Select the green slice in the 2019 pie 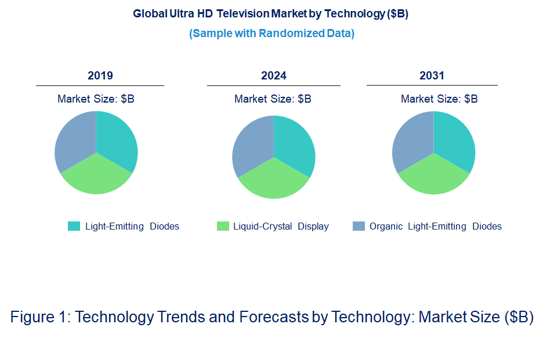coord(96,176)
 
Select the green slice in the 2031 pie coord(433,176)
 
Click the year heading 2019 coord(100,76)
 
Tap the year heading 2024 coord(273,76)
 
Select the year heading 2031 coord(432,76)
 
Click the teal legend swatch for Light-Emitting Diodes coord(74,226)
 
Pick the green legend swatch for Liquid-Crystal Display coord(223,226)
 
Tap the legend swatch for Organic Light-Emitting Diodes coord(359,226)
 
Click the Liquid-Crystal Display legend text coord(281,227)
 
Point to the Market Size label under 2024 coord(273,99)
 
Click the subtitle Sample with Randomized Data coord(271,34)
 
